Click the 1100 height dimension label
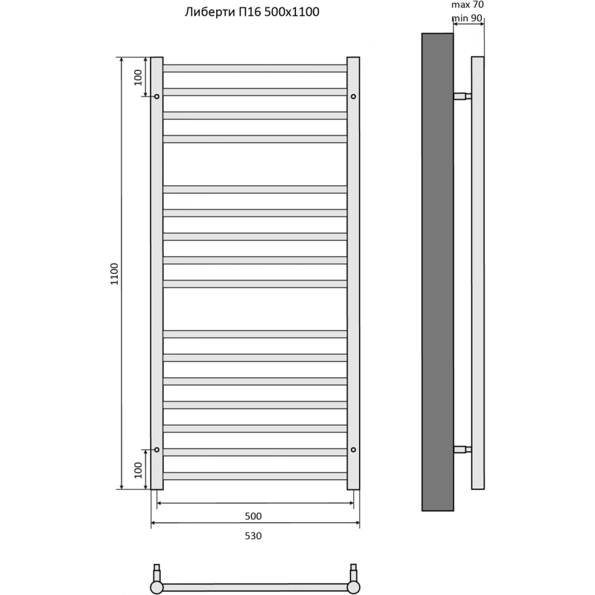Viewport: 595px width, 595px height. click(114, 274)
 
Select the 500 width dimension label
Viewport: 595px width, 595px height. click(254, 516)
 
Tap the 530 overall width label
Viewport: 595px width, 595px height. click(254, 536)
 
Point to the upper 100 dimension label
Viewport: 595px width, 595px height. click(138, 77)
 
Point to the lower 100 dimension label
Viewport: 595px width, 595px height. click(138, 470)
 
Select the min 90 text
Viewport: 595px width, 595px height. click(467, 18)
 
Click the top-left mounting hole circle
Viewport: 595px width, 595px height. click(157, 97)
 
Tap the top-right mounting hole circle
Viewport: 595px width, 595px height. click(354, 97)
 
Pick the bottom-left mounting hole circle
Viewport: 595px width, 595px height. click(157, 450)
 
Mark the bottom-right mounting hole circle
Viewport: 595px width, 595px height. click(354, 450)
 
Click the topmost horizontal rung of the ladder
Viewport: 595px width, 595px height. click(255, 68)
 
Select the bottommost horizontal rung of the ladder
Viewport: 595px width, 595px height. click(255, 476)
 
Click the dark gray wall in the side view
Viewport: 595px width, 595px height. click(438, 271)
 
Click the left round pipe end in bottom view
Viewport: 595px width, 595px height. click(157, 587)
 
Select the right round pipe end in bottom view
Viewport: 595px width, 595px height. click(354, 587)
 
